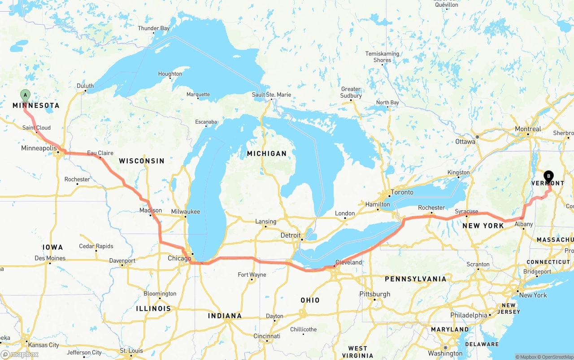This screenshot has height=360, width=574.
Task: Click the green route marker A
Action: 26,95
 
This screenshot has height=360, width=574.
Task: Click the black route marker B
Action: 548,176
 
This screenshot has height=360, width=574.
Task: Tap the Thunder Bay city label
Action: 154,28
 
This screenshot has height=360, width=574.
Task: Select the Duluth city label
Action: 85,86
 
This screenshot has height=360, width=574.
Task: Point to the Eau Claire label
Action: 100,153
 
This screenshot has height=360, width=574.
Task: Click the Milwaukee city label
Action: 185,212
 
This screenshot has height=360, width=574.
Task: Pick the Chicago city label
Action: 179,258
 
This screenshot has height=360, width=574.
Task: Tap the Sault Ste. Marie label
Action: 271,95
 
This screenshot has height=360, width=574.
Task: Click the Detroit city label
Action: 291,235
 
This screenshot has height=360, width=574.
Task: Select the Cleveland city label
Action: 348,262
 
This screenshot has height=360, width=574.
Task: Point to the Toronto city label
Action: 402,192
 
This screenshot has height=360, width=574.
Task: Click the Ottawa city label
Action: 465,142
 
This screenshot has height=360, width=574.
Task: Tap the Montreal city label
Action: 528,129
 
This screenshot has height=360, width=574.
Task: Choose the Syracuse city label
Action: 466,211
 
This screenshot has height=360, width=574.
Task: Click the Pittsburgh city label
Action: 375,294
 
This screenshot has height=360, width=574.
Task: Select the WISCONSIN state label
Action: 141,160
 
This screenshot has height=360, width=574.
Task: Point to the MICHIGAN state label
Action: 266,153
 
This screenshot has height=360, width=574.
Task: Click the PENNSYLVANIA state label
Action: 415,279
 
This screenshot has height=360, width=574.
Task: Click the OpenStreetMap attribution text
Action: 557,357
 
